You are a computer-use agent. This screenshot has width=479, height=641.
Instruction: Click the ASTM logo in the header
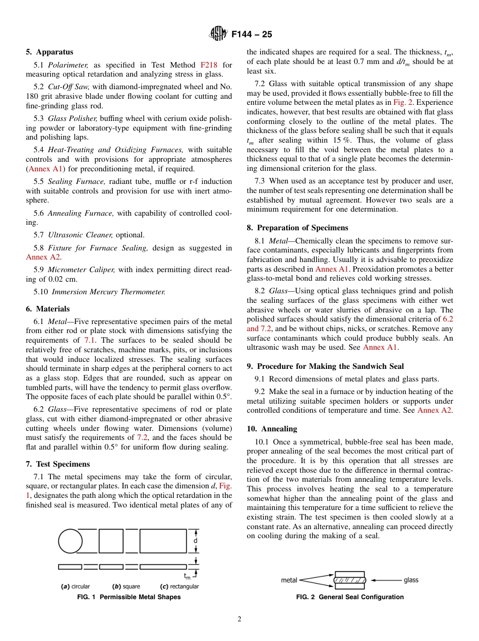[x=218, y=34]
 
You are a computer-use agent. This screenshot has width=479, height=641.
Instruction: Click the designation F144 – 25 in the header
[x=252, y=34]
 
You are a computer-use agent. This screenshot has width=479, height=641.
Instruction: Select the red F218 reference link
[x=209, y=65]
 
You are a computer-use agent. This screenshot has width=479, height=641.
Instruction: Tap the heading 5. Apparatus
[x=49, y=52]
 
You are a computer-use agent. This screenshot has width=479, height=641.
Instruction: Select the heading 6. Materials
[x=48, y=309]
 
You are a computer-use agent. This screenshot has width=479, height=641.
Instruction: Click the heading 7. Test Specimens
[x=58, y=464]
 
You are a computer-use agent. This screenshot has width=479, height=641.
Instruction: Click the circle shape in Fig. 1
[x=71, y=542]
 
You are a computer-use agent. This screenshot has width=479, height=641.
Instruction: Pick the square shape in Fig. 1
[x=111, y=541]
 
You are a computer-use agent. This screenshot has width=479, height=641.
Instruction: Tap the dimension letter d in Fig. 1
[x=196, y=541]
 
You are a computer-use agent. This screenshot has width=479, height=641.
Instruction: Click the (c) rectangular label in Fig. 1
[x=179, y=586]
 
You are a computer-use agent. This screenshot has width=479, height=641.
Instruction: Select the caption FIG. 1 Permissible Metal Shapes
[x=128, y=597]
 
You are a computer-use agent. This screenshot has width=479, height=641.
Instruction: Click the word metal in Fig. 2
[x=289, y=580]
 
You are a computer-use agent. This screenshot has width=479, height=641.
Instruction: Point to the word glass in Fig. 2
[x=411, y=580]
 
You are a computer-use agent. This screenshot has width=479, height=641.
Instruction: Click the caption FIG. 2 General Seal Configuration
[x=350, y=597]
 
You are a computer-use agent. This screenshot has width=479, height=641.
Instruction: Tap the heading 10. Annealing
[x=272, y=429]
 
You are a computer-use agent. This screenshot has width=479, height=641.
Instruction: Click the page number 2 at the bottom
[x=239, y=619]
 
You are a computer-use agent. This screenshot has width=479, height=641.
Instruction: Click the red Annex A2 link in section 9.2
[x=435, y=410]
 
